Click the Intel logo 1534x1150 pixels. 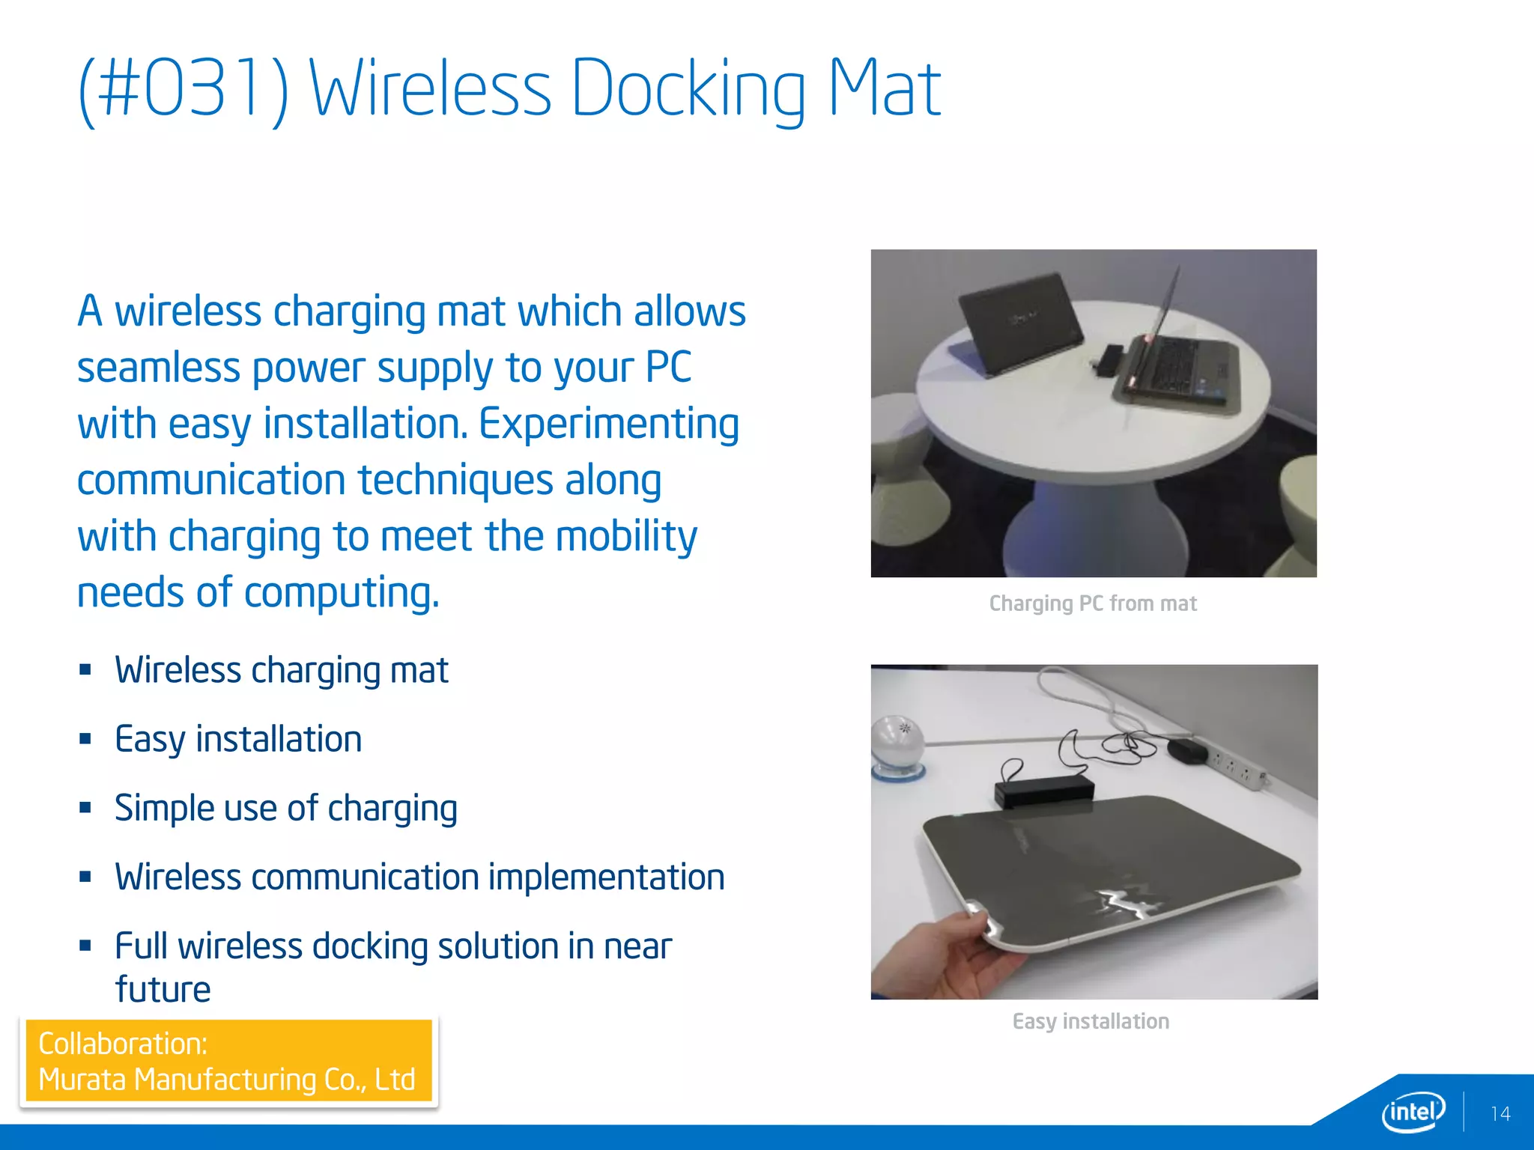tap(1413, 1112)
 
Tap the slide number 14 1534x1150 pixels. tap(1500, 1114)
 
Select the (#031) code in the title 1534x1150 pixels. tap(184, 90)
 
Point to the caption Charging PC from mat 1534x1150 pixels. tap(1092, 603)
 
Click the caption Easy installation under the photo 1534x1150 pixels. tap(1091, 1021)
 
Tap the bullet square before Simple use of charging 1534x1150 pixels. tap(85, 808)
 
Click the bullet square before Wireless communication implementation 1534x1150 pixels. tap(85, 877)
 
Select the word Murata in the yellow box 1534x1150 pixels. tap(82, 1080)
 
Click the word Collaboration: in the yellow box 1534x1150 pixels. tap(123, 1044)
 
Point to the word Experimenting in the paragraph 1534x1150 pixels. tap(608, 425)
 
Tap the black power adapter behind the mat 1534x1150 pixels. tap(1044, 790)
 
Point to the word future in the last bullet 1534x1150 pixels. tap(163, 990)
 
